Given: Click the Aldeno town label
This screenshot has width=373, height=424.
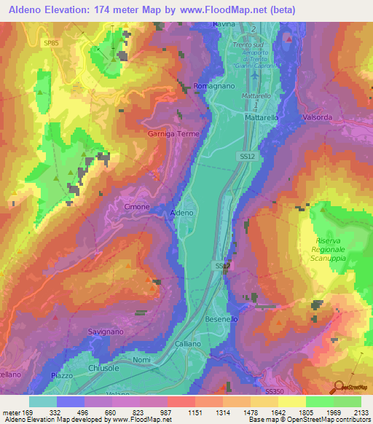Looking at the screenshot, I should coord(181,213).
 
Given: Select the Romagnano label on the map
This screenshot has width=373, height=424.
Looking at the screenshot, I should coord(212,86).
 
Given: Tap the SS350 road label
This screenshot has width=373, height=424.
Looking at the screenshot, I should coord(275,391).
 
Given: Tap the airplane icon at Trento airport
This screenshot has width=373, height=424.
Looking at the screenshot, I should coord(254,73).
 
